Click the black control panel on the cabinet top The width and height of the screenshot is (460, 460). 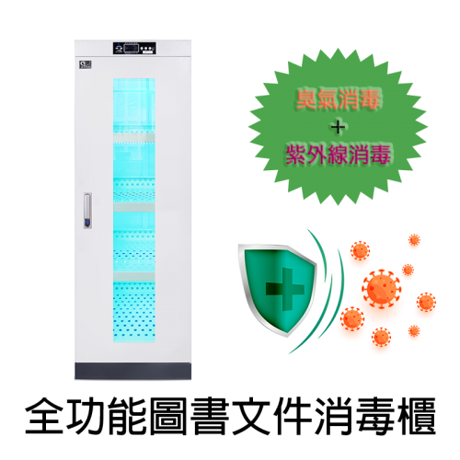click(x=134, y=48)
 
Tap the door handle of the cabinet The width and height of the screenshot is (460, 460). click(x=87, y=211)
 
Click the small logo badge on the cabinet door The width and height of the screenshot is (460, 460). click(x=86, y=64)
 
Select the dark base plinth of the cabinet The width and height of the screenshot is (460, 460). click(x=132, y=371)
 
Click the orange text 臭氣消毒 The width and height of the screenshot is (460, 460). click(x=338, y=99)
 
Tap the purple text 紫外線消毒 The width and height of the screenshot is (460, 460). click(x=338, y=155)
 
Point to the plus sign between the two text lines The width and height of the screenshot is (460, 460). click(x=338, y=127)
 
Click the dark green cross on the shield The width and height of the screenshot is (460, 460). click(x=284, y=289)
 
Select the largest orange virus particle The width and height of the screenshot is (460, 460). click(x=382, y=289)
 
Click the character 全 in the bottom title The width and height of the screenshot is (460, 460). click(x=44, y=416)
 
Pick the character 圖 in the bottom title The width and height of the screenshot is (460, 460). click(x=168, y=416)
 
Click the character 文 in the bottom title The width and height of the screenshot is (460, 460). click(x=251, y=416)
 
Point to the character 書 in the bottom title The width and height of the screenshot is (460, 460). click(x=210, y=416)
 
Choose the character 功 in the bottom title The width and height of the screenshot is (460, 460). click(x=86, y=416)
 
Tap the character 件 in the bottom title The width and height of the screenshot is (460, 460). click(x=293, y=416)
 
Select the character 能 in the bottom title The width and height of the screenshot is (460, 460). click(x=127, y=416)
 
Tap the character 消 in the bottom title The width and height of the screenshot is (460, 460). click(x=334, y=416)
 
